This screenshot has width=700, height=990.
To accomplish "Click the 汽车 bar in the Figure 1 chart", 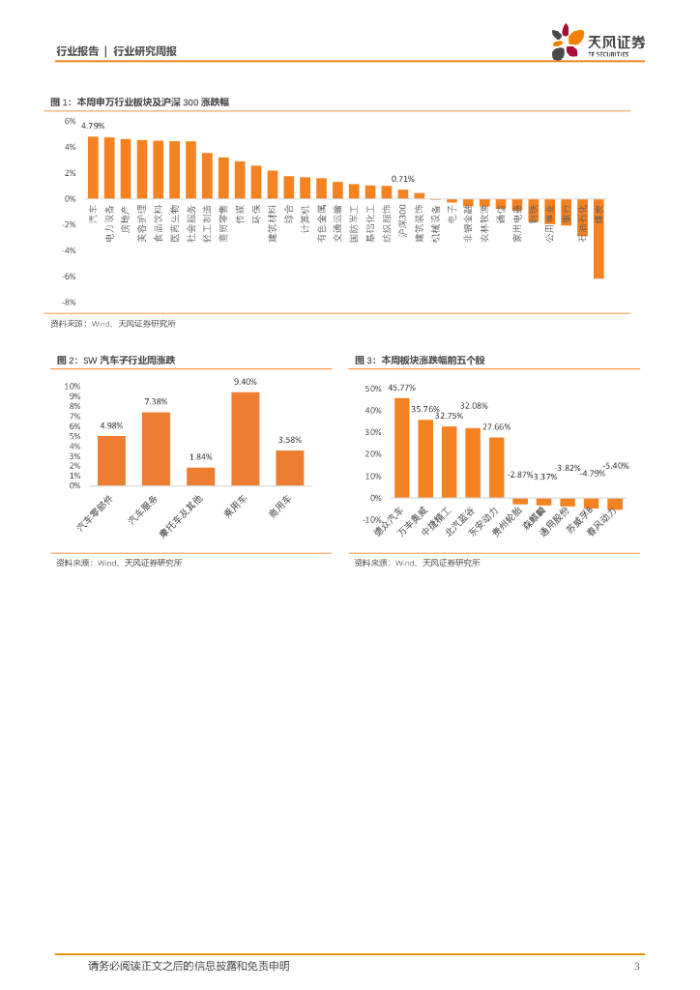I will click(x=93, y=167).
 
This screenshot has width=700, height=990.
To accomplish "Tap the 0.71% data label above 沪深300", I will click(x=402, y=179).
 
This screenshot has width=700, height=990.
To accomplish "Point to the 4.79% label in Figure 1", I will click(x=93, y=127).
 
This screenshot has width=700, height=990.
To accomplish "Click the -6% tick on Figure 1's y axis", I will click(x=70, y=277).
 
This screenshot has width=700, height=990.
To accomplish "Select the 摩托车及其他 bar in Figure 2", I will click(x=200, y=476).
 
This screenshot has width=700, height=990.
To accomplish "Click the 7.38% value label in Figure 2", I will click(x=156, y=401).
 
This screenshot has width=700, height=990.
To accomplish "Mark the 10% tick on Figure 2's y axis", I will click(x=73, y=386).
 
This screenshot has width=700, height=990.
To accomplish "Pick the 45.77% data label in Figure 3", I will click(x=401, y=389).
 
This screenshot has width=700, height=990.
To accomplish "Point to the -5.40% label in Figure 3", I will click(x=616, y=465).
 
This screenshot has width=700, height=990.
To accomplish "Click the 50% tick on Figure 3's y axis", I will click(x=373, y=389).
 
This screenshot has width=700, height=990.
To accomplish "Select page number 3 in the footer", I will click(x=635, y=966).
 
